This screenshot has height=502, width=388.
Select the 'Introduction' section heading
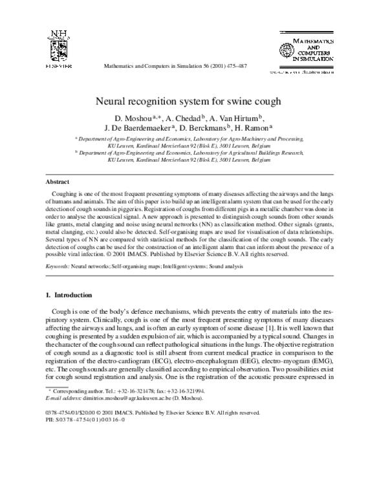point(74,294)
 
